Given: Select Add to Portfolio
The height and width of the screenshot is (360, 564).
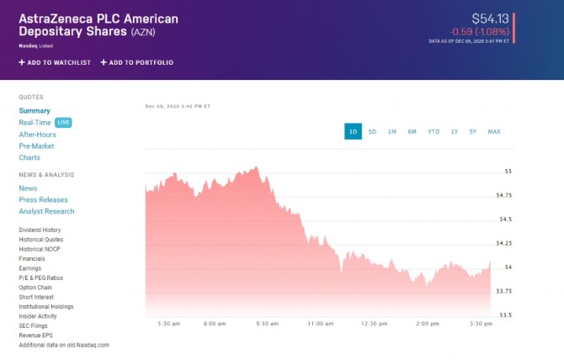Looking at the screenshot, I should coord(137,62).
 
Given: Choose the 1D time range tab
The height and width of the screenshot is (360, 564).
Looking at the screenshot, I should coord(353,131).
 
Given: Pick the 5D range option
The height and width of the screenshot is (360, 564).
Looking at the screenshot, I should coord(372,131).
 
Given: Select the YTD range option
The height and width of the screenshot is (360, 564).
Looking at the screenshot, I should coord(434,131).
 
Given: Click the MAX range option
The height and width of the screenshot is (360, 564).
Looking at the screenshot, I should coord(494,131).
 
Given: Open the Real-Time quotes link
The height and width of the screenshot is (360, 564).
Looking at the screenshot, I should coord(35,123).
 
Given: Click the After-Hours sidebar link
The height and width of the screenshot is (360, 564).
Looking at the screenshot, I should coord(37,135).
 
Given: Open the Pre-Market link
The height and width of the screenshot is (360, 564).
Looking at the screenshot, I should coord(36,146).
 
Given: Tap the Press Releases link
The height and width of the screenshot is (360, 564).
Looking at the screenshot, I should coord(43,200).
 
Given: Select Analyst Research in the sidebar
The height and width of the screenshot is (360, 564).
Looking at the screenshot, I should coord(46,212).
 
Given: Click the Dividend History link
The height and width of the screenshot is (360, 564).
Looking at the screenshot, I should coord(40,230).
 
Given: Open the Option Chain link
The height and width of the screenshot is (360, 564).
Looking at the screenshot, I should coord(36,288).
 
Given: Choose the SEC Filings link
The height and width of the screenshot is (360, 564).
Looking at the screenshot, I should coord(35,326).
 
